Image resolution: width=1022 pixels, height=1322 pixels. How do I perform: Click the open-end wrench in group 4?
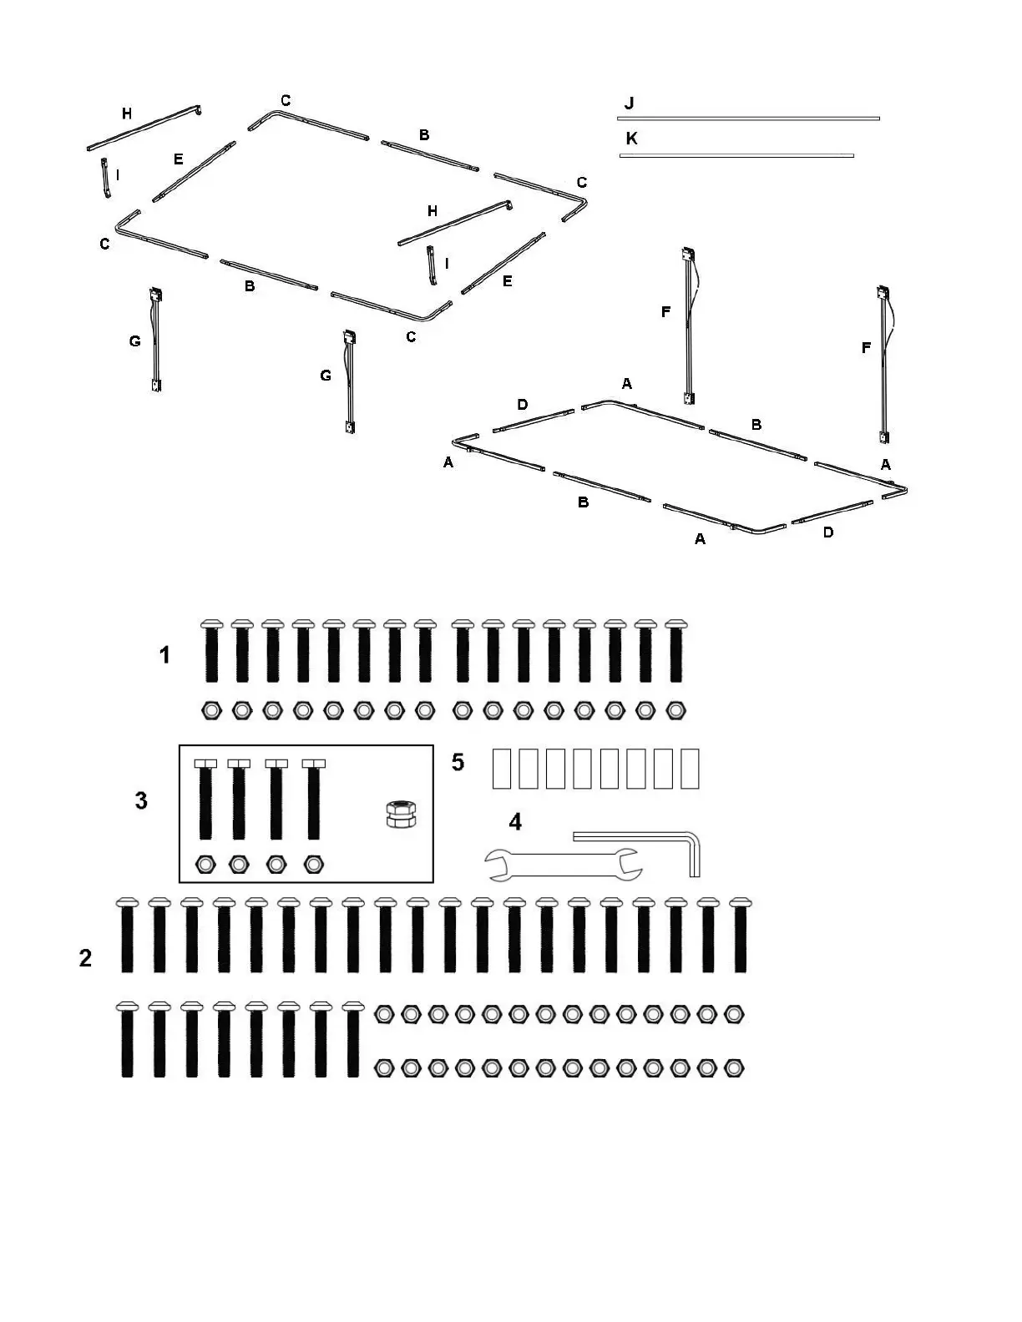click(x=564, y=865)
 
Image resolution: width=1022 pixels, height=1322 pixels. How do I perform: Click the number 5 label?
click(x=458, y=762)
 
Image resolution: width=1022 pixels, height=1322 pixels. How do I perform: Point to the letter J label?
click(x=629, y=103)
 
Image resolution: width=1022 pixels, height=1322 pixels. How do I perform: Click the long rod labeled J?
click(x=748, y=119)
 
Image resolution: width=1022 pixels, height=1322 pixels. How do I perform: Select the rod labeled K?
click(x=736, y=155)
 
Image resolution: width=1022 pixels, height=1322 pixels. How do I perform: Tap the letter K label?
click(x=631, y=139)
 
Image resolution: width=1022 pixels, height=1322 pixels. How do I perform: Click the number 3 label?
click(x=141, y=800)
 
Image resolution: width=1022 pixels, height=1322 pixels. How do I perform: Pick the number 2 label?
click(x=85, y=958)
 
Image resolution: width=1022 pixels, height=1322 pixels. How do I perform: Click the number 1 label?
click(x=164, y=655)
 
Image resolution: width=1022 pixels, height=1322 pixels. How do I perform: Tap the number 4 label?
click(x=515, y=822)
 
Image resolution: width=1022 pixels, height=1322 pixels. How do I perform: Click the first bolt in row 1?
click(x=211, y=651)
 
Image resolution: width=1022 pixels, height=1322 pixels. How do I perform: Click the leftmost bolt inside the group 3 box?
click(x=205, y=799)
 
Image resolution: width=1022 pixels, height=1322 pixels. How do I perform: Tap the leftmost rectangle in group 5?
click(x=501, y=769)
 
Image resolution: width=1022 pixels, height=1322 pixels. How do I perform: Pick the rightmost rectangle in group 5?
click(x=690, y=769)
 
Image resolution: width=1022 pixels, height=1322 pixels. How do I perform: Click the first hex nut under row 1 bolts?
click(x=211, y=711)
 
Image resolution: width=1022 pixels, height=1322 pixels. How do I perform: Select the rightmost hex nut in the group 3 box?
click(x=314, y=864)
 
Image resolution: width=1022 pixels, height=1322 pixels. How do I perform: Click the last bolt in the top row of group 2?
click(x=738, y=936)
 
